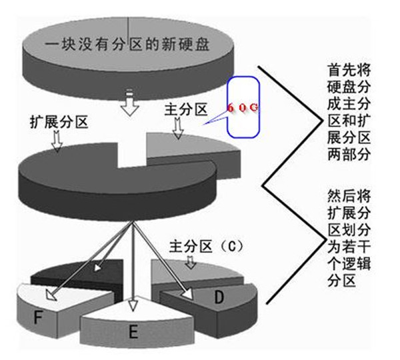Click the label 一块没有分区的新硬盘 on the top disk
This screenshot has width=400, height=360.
point(127,45)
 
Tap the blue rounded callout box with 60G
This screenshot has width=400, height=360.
point(241,107)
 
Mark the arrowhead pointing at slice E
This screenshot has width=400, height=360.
point(133,305)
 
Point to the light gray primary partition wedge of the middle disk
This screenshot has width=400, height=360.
point(190,149)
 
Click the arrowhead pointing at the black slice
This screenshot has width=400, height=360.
point(97,268)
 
